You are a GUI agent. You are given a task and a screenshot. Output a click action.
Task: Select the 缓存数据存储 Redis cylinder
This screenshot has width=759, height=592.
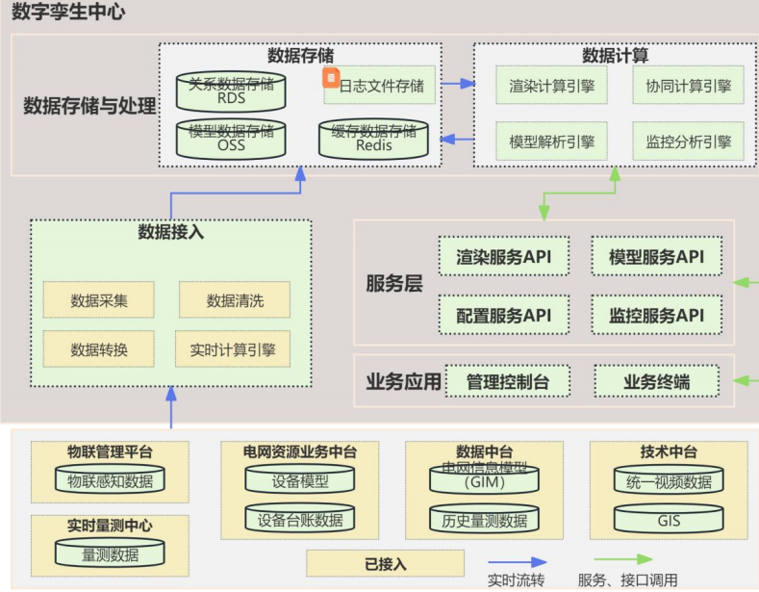(x=373, y=139)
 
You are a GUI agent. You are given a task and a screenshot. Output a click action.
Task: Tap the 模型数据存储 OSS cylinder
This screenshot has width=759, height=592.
(x=231, y=139)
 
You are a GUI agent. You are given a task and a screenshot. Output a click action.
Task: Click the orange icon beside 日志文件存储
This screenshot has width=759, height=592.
(x=329, y=75)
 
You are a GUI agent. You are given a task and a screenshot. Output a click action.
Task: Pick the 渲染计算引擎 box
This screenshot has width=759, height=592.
(x=551, y=86)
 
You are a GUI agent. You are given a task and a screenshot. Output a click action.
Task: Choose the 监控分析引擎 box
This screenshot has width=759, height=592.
(x=688, y=142)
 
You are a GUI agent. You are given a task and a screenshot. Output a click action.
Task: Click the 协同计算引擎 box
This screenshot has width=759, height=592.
(x=688, y=86)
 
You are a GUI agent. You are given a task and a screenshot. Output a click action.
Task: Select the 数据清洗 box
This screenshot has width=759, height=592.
(x=235, y=300)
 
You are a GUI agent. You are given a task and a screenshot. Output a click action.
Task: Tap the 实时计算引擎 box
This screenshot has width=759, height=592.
(x=233, y=349)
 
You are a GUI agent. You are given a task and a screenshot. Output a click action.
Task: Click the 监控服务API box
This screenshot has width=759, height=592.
(x=657, y=315)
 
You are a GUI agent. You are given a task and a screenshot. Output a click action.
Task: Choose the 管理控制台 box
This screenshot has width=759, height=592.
(x=508, y=381)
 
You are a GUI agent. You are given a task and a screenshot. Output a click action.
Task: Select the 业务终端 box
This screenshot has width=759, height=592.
(x=656, y=381)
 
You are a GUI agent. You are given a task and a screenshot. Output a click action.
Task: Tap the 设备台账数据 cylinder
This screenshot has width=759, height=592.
(x=299, y=520)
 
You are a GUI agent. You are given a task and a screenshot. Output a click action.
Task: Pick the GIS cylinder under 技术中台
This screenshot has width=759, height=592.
(x=669, y=520)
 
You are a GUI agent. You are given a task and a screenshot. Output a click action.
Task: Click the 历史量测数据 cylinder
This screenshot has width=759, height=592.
(x=484, y=520)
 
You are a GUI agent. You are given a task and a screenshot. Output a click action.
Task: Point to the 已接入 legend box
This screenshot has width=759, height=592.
(x=385, y=563)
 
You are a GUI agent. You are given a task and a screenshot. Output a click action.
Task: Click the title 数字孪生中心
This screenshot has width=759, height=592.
(x=68, y=13)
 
